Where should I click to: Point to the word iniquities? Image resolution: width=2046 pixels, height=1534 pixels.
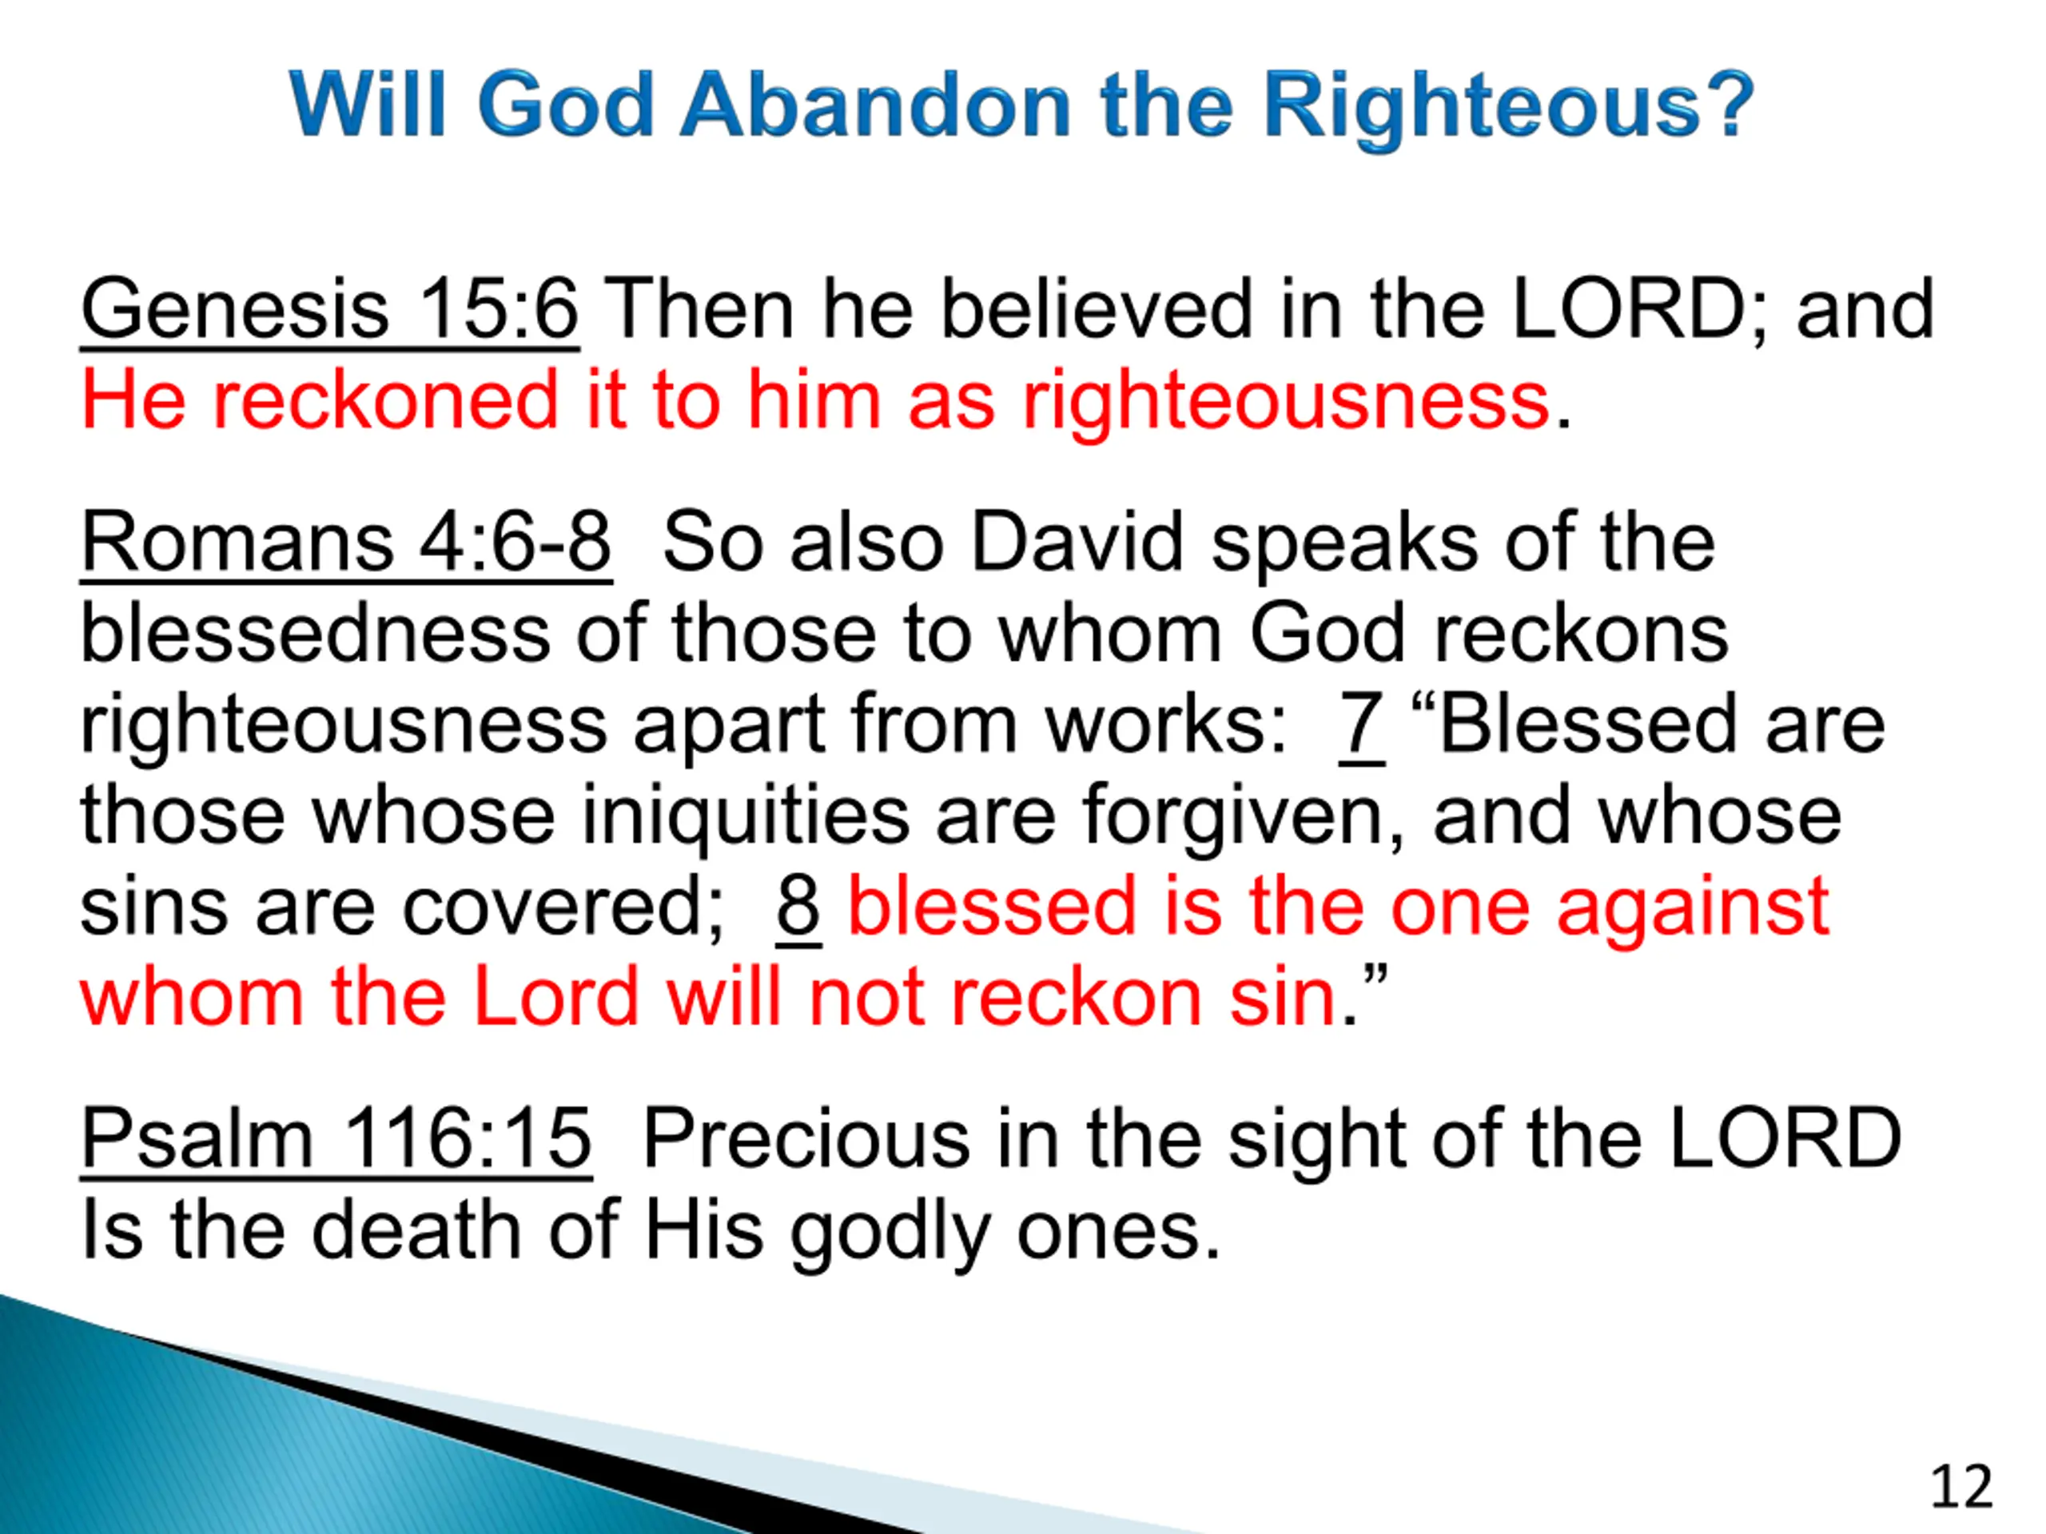pos(745,816)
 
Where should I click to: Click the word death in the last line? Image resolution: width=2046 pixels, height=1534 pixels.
pos(416,1230)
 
